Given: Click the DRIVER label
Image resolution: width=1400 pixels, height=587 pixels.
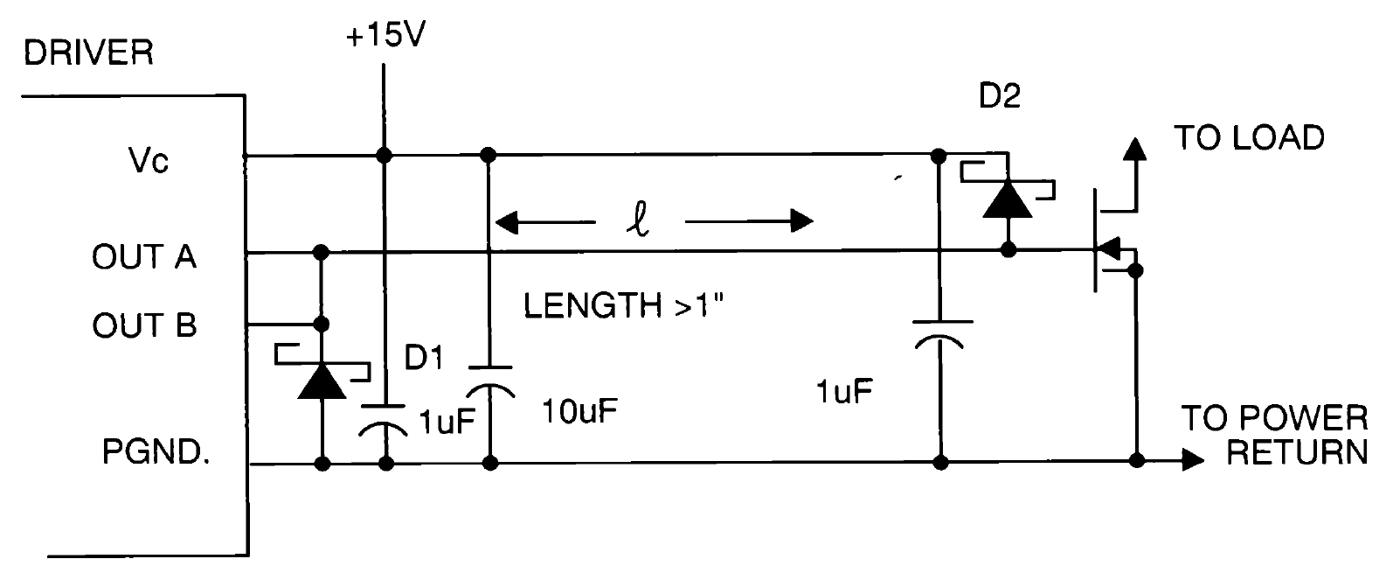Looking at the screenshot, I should point(88,53).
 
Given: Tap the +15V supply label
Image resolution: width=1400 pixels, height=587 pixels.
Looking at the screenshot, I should point(385,38).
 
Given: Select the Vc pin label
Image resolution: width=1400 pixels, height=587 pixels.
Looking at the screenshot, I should point(147,161).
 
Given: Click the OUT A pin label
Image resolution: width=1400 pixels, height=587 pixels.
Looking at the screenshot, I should point(144,256).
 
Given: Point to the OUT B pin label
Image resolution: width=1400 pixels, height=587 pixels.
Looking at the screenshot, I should point(144,325).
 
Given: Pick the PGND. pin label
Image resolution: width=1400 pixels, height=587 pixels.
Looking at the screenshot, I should point(156,453).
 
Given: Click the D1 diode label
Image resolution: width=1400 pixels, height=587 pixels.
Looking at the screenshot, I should point(425,358).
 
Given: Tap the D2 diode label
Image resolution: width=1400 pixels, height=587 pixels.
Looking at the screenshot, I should point(999,96).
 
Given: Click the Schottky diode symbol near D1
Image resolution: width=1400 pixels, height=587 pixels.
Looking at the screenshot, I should point(322,380).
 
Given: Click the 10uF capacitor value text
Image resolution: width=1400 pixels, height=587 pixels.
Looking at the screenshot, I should point(579,411).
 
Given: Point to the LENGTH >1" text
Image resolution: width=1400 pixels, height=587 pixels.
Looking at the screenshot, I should point(625,306).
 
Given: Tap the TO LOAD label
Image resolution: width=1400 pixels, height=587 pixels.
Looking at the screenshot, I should point(1249,137).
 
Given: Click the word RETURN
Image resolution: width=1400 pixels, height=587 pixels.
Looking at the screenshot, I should point(1296,452).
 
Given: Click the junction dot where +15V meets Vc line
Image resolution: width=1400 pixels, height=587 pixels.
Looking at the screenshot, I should point(383,156).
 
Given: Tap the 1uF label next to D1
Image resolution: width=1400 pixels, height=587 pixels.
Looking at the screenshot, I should point(447,423).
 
